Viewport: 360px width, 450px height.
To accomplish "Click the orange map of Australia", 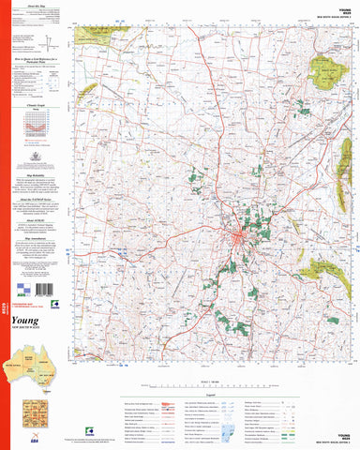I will click(28, 361).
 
